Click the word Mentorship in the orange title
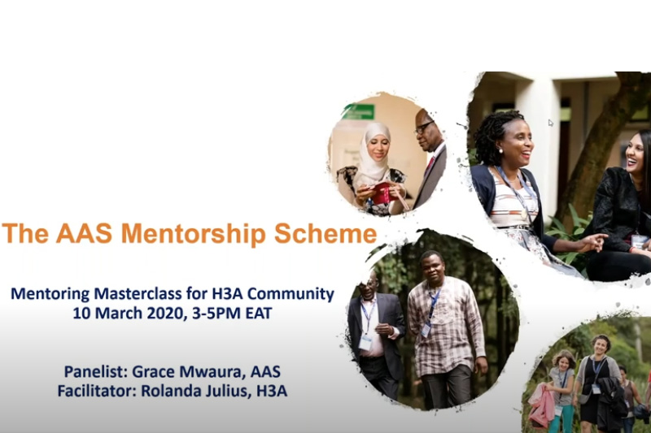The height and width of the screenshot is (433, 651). [193, 234]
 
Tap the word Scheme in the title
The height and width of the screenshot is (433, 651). [325, 233]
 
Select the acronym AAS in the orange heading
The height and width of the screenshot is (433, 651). [85, 233]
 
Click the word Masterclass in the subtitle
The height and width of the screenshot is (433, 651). [137, 294]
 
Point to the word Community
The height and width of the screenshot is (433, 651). [291, 294]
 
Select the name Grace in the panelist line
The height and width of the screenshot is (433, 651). [151, 372]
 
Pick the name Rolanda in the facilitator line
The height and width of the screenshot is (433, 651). [168, 391]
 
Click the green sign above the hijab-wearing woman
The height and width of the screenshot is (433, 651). [359, 111]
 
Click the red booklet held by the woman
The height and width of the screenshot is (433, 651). [383, 193]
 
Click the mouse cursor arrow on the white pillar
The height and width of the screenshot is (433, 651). [551, 123]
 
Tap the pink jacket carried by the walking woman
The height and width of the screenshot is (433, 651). [541, 405]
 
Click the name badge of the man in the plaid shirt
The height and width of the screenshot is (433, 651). [426, 331]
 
